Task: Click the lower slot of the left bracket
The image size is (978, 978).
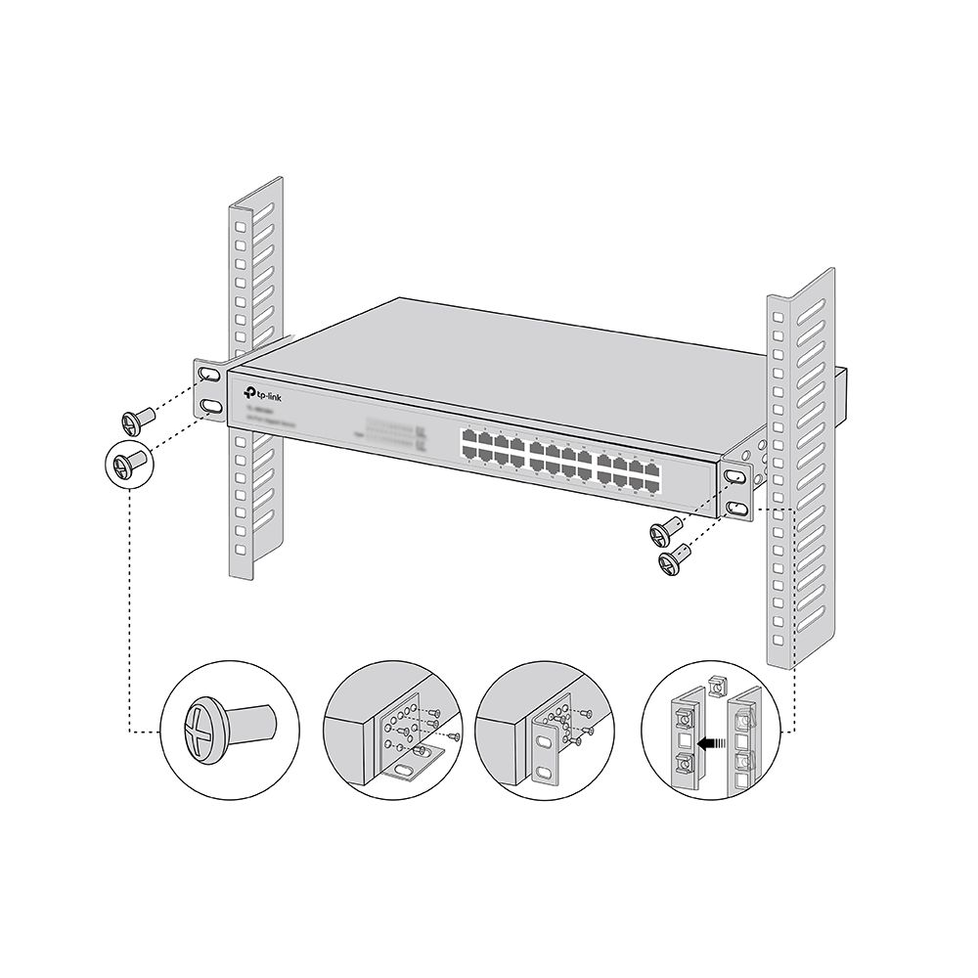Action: click(x=209, y=405)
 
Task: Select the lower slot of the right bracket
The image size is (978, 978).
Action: click(x=735, y=508)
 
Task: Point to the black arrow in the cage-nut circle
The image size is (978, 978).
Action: click(x=719, y=743)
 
